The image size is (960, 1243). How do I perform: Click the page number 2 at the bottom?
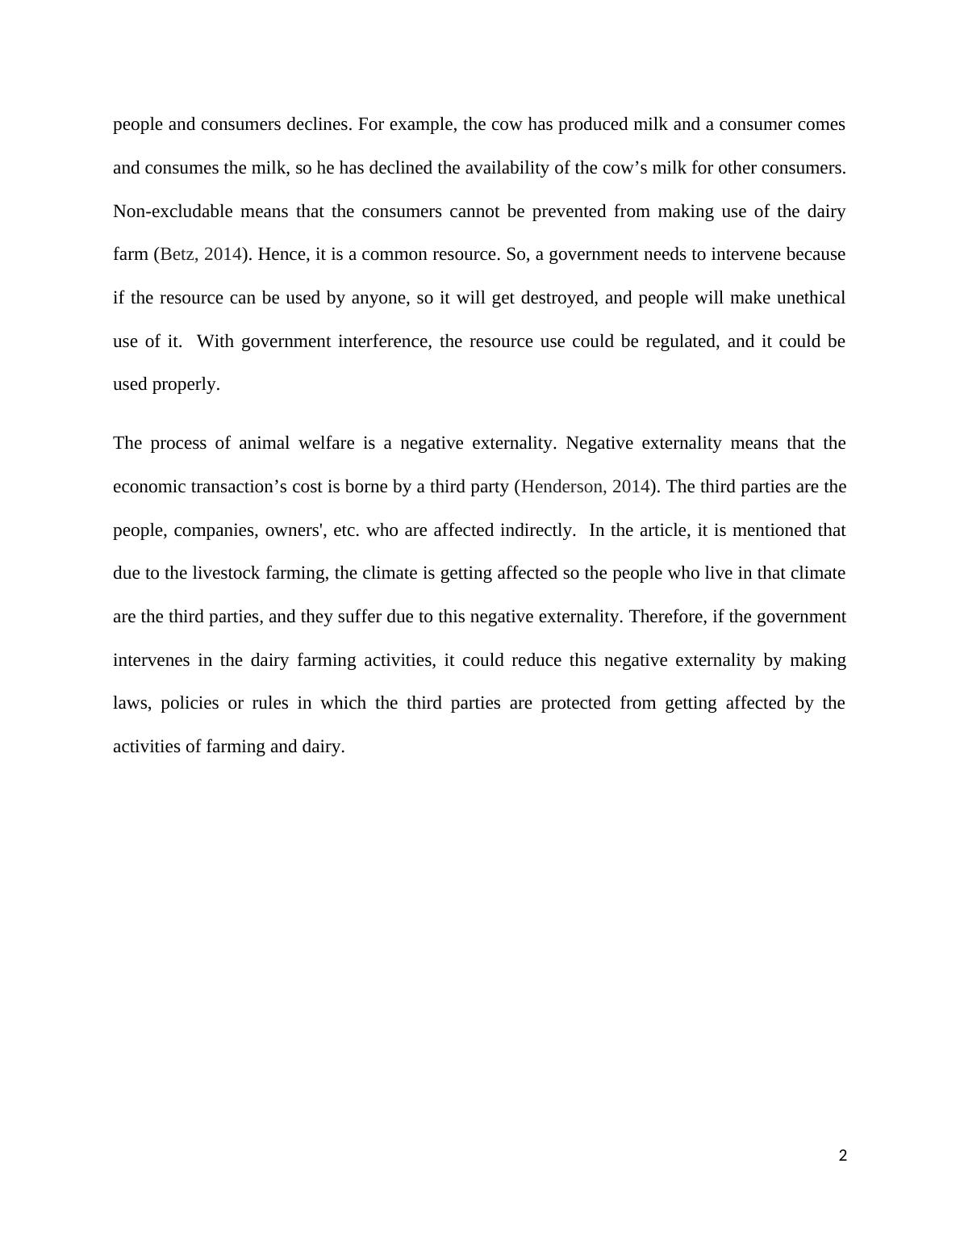(843, 1156)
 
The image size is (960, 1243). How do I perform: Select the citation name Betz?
(177, 254)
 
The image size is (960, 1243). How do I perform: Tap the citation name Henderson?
(563, 487)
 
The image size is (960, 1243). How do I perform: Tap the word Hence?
(280, 254)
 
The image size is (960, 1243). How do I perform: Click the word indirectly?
(537, 530)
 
